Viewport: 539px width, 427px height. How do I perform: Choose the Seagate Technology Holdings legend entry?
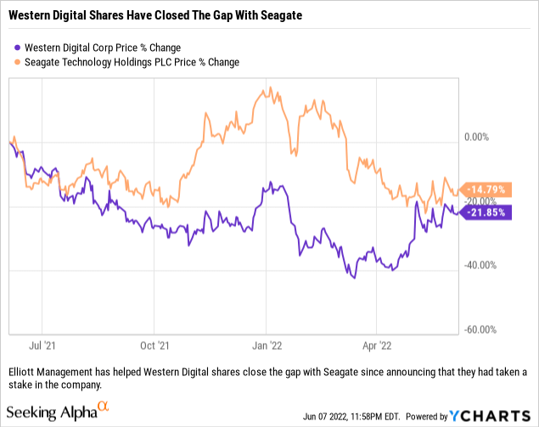(128, 61)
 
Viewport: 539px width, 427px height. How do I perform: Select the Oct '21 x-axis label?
(154, 346)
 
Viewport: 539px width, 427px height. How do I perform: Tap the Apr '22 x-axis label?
(377, 346)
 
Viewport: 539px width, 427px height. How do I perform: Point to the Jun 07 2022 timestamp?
(357, 416)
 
